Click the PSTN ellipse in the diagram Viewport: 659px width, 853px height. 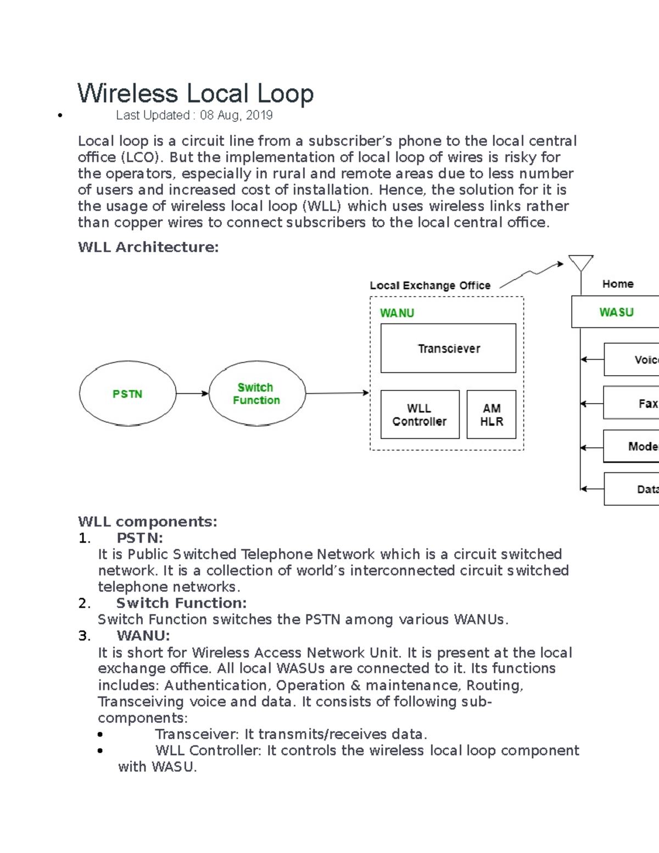pos(127,393)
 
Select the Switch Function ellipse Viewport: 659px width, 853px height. pos(256,393)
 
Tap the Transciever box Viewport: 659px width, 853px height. pos(448,348)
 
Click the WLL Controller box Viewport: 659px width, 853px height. pos(420,415)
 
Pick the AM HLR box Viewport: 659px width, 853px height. pos(491,415)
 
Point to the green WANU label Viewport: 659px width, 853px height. pos(397,313)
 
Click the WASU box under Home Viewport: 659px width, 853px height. pos(616,312)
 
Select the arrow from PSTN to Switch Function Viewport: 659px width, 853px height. pos(192,393)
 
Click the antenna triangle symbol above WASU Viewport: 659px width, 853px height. pos(580,263)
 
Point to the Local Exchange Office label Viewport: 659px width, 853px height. pos(430,286)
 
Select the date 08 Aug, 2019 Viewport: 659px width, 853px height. pos(236,115)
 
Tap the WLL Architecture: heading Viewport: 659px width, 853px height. pos(148,247)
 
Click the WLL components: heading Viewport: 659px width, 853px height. pos(148,521)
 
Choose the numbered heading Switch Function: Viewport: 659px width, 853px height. pos(181,603)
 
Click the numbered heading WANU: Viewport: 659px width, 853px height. pos(143,635)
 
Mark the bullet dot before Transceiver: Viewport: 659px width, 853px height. pos(100,734)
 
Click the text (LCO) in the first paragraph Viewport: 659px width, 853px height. pos(142,158)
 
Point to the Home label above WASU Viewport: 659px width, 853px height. pos(618,284)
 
